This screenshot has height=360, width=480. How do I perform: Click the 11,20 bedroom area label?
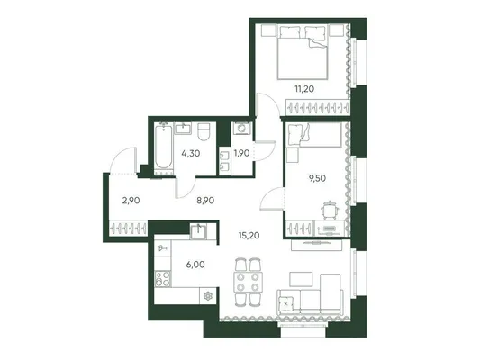click(x=304, y=89)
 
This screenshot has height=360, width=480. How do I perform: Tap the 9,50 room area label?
click(x=317, y=178)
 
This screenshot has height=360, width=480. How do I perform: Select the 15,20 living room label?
click(x=249, y=235)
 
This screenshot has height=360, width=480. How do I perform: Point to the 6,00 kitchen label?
click(x=195, y=265)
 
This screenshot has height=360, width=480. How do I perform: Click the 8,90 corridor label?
click(x=204, y=201)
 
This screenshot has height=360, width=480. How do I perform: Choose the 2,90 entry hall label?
click(x=131, y=201)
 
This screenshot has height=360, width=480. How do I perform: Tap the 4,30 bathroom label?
click(x=190, y=153)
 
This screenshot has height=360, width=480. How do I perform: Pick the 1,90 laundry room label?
click(x=241, y=153)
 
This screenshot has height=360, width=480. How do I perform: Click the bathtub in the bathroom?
click(x=163, y=148)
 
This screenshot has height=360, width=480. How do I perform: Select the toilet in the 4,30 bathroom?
click(x=204, y=131)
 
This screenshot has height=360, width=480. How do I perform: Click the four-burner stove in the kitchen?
click(x=162, y=279)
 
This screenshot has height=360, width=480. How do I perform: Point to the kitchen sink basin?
click(x=198, y=231)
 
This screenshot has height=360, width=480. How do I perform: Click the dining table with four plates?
click(x=248, y=282)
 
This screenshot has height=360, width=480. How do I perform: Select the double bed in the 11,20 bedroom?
click(x=303, y=52)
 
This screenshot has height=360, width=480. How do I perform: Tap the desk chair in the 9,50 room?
click(x=330, y=210)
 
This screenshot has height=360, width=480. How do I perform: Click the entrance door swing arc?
click(x=121, y=156)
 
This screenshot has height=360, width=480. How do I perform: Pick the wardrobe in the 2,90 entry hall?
click(x=129, y=228)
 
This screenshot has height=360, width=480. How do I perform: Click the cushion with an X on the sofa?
click(x=285, y=303)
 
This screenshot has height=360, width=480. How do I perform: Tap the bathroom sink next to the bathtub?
click(x=183, y=129)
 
